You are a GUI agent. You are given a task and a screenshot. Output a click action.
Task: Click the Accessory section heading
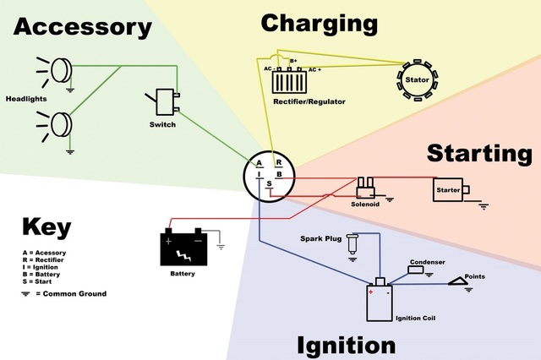tap(82, 27)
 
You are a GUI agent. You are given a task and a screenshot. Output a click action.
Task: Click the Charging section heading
tap(318, 23)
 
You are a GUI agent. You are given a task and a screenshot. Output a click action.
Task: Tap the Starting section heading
tap(479, 154)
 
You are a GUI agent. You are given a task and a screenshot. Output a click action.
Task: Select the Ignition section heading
tap(346, 345)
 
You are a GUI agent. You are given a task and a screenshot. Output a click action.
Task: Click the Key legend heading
tap(46, 228)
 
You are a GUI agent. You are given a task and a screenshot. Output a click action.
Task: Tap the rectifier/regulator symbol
tap(292, 81)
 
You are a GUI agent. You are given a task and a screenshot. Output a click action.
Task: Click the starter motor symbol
tap(449, 189)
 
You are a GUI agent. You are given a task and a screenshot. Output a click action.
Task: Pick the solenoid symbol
tap(366, 187)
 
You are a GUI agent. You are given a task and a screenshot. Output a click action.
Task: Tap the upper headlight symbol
tap(59, 69)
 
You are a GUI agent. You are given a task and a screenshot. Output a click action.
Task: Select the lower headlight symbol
tap(59, 123)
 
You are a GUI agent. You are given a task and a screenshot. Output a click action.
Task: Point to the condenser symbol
tap(421, 272)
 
